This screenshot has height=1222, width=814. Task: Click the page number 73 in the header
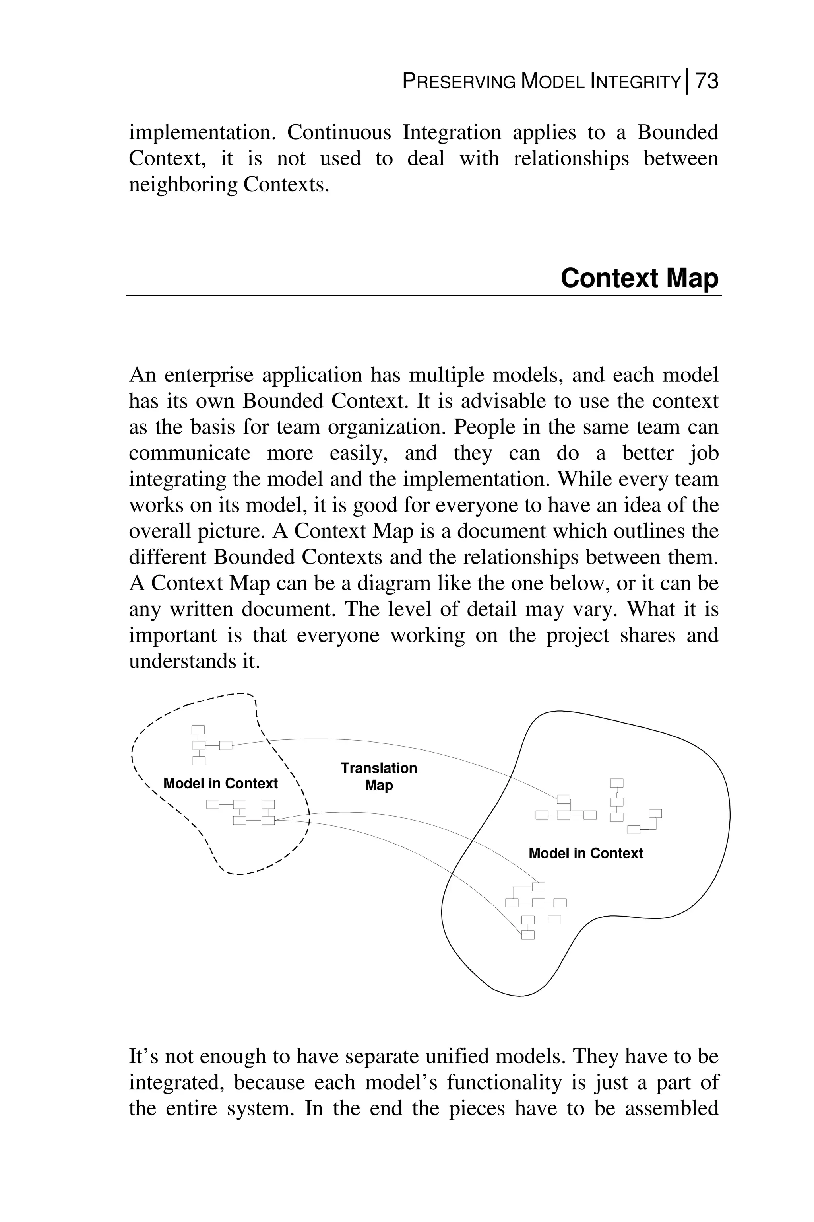coord(707,81)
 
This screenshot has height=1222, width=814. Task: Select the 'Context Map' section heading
coord(640,278)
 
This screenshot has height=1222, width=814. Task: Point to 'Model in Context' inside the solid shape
coord(585,853)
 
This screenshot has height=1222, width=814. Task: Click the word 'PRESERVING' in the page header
coord(459,82)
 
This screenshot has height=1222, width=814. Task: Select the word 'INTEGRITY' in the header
coord(636,82)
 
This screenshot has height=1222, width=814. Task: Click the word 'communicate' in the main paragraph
coord(190,453)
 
